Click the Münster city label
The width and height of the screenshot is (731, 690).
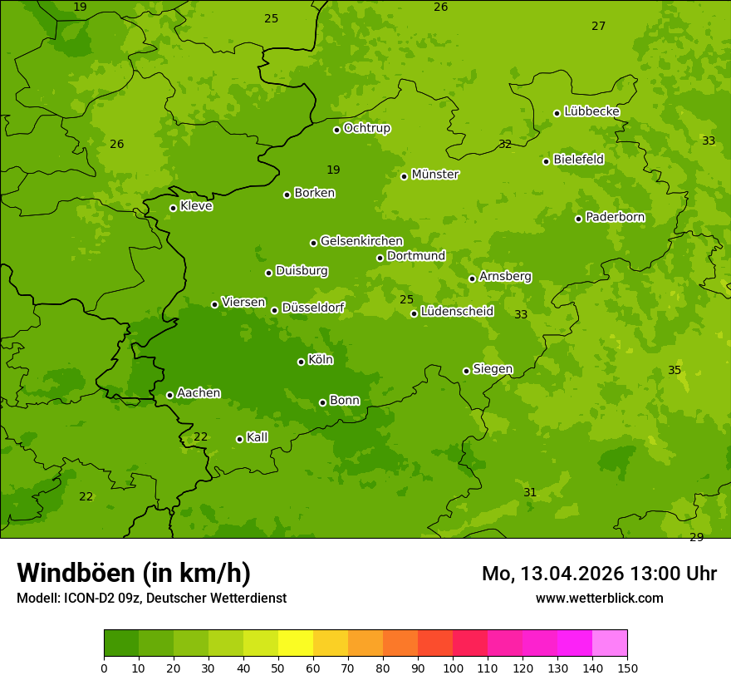tap(435, 175)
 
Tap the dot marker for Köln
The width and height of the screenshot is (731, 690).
tap(301, 362)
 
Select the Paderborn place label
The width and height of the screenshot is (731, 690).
tap(616, 217)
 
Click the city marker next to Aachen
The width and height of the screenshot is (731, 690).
tap(169, 395)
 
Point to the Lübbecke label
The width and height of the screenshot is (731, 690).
tap(592, 111)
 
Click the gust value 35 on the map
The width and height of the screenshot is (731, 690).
tap(675, 370)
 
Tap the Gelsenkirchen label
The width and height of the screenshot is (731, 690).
tap(361, 241)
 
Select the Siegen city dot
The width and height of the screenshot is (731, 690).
tap(466, 371)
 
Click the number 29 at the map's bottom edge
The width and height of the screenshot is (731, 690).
tap(696, 537)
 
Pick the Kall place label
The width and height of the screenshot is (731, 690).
tap(258, 437)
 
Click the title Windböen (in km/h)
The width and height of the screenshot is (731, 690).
tap(134, 573)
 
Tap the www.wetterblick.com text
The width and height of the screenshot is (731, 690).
tap(599, 598)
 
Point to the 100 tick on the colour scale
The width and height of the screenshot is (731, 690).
tap(453, 668)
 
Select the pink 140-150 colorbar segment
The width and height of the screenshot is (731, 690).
tap(610, 643)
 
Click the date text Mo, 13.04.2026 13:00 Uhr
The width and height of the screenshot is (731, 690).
tap(599, 574)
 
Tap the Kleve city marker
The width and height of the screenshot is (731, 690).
tap(173, 208)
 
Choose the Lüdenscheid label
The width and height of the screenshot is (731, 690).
tap(457, 312)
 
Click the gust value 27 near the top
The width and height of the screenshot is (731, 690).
tap(598, 26)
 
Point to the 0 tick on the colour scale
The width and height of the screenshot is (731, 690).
tap(104, 668)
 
